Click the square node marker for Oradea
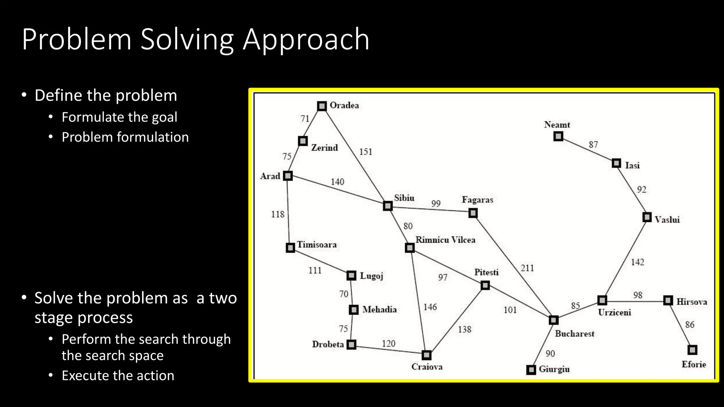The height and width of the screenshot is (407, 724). pyautogui.click(x=322, y=106)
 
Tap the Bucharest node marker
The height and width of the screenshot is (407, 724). pyautogui.click(x=554, y=320)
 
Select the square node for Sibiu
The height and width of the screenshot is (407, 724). pyautogui.click(x=388, y=206)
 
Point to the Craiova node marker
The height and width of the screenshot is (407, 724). pyautogui.click(x=427, y=355)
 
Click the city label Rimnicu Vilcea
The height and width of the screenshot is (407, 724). pyautogui.click(x=445, y=240)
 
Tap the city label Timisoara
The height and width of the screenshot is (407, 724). pyautogui.click(x=317, y=244)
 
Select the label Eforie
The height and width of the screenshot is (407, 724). pyautogui.click(x=694, y=364)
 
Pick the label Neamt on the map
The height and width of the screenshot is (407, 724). pyautogui.click(x=557, y=125)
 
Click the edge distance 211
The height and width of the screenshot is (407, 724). pyautogui.click(x=527, y=268)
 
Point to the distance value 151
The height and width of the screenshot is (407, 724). pyautogui.click(x=366, y=152)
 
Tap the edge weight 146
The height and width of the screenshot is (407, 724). pyautogui.click(x=430, y=307)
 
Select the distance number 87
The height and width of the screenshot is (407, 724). pyautogui.click(x=593, y=144)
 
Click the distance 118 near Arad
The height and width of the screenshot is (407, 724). pyautogui.click(x=278, y=214)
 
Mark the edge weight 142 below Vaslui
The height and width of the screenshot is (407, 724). pyautogui.click(x=637, y=262)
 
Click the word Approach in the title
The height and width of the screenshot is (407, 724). pyautogui.click(x=306, y=40)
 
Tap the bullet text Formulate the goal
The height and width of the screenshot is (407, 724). pyautogui.click(x=119, y=117)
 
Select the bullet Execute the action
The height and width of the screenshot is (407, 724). pyautogui.click(x=118, y=376)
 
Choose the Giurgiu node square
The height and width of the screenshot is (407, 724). pyautogui.click(x=531, y=370)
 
